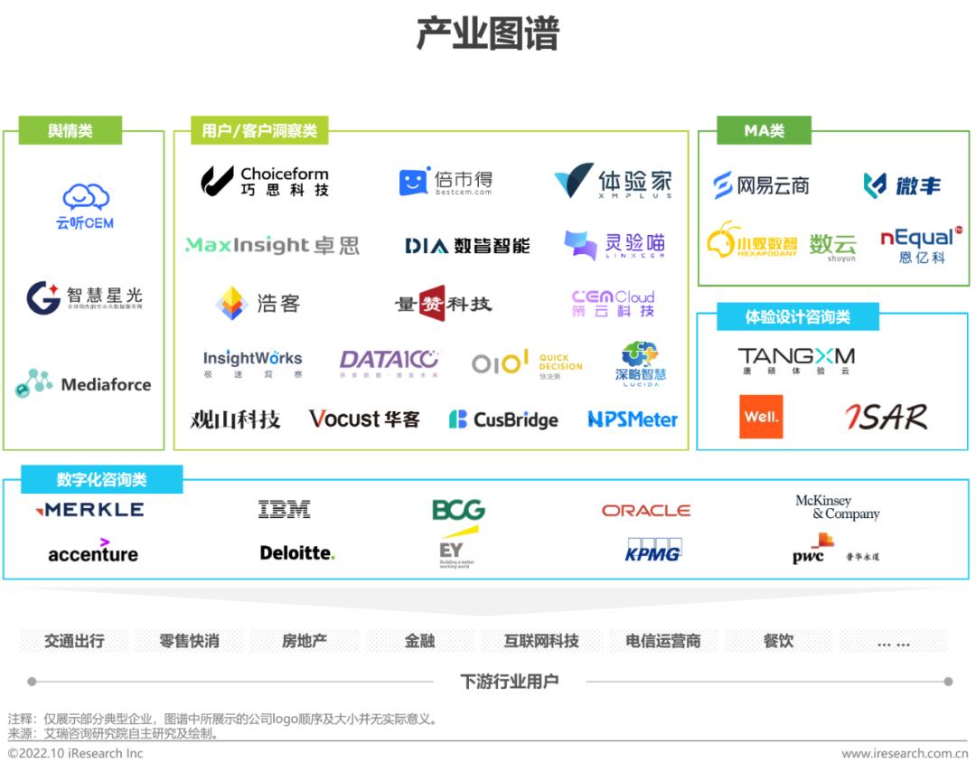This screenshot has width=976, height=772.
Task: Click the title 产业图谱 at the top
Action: pyautogui.click(x=487, y=34)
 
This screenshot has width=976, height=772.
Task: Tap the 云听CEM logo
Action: pyautogui.click(x=86, y=206)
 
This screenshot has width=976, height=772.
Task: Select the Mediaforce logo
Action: pyautogui.click(x=83, y=384)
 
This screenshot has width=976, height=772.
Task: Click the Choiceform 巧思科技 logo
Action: pyautogui.click(x=265, y=181)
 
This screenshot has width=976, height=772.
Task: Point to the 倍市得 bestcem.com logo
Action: pyautogui.click(x=446, y=182)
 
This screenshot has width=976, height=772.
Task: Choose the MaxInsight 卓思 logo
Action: pyautogui.click(x=272, y=245)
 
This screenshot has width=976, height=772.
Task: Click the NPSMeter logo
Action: pyautogui.click(x=632, y=419)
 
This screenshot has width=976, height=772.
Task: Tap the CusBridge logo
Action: pyautogui.click(x=503, y=419)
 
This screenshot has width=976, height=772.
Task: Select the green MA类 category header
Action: pyautogui.click(x=764, y=131)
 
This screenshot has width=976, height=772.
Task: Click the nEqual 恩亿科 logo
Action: pyautogui.click(x=918, y=244)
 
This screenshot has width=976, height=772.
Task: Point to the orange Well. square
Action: pyautogui.click(x=761, y=417)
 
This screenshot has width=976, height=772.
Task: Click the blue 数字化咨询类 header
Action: pyautogui.click(x=101, y=479)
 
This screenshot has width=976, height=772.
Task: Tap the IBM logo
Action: pyautogui.click(x=284, y=510)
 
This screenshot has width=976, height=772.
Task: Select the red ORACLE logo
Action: pyautogui.click(x=645, y=511)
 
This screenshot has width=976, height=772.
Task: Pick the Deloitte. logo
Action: pyautogui.click(x=297, y=552)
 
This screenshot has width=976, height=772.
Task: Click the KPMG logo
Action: pyautogui.click(x=652, y=551)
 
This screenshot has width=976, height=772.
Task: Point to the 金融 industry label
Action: pyautogui.click(x=419, y=641)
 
